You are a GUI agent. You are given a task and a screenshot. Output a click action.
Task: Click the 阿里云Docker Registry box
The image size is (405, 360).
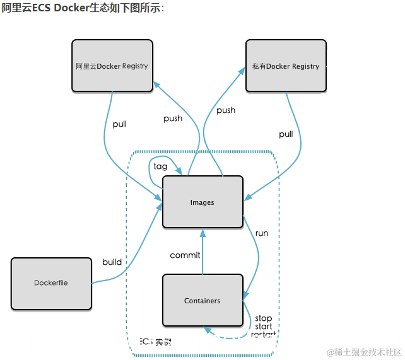(x=112, y=66)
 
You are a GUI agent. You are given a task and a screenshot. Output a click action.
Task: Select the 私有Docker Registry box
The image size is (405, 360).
(x=286, y=66)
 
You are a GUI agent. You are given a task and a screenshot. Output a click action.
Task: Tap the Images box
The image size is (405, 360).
(x=202, y=202)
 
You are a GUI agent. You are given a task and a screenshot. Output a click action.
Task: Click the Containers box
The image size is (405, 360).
(x=202, y=301)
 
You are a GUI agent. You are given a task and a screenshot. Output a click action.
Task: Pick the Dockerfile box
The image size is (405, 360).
(x=51, y=283)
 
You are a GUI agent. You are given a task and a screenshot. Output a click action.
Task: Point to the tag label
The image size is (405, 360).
(x=161, y=166)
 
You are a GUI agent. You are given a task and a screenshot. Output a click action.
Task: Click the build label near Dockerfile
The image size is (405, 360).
(x=112, y=262)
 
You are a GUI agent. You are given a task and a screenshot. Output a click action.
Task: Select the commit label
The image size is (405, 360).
(x=185, y=255)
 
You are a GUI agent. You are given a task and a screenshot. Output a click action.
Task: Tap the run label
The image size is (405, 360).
(x=261, y=233)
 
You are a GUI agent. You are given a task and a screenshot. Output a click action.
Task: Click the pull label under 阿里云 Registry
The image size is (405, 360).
(x=120, y=124)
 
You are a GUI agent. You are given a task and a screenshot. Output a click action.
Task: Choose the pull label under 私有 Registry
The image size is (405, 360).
(x=286, y=134)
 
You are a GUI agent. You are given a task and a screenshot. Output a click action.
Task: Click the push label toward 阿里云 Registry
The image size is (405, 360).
(x=173, y=119)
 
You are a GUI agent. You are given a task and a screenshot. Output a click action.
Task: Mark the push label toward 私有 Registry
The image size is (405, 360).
(x=226, y=110)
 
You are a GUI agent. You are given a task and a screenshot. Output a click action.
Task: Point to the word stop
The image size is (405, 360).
(x=263, y=318)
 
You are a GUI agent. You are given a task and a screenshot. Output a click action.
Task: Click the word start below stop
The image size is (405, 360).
(x=264, y=327)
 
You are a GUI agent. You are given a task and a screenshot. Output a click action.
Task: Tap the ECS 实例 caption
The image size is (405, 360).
(x=155, y=342)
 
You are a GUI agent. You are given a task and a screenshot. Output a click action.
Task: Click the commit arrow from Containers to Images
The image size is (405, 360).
(x=202, y=252)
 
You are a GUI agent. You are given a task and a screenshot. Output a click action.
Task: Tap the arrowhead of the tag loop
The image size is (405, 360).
(x=181, y=171)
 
